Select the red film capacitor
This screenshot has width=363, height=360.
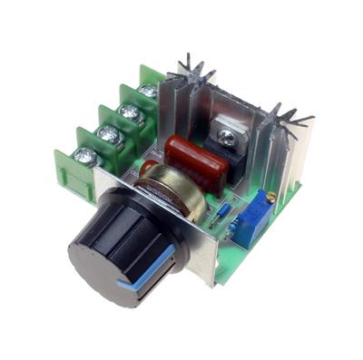pyautogui.click(x=194, y=161)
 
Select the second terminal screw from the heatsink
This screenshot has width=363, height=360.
pyautogui.click(x=130, y=112)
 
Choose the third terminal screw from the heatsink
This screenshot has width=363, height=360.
pyautogui.click(x=108, y=133)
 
